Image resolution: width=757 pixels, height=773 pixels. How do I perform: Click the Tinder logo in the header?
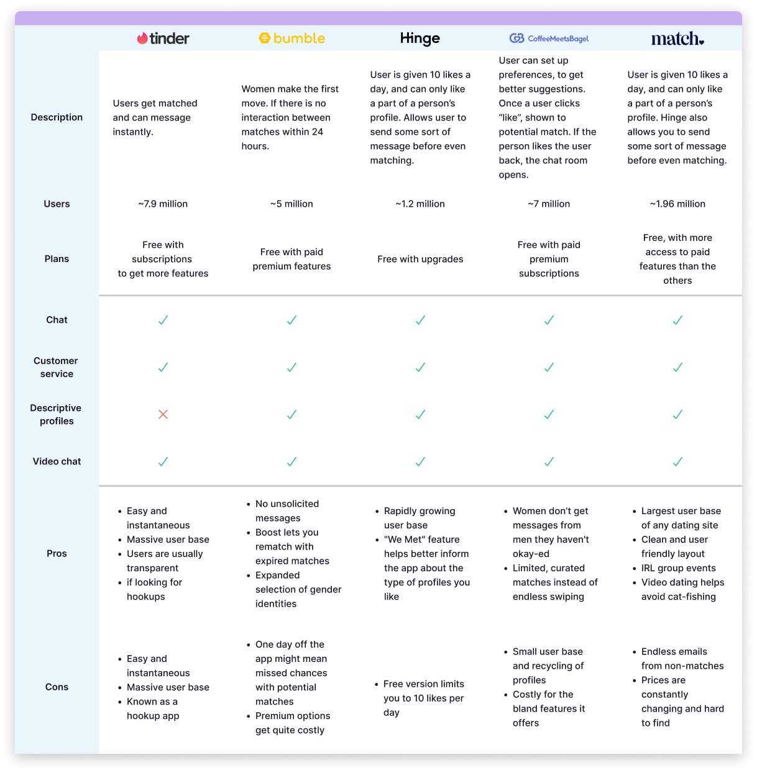pos(163,38)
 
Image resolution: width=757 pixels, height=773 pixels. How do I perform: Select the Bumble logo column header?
pos(292,38)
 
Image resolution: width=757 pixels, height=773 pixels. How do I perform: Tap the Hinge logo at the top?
pos(420,38)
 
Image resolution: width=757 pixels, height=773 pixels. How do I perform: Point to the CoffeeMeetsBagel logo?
pos(549,38)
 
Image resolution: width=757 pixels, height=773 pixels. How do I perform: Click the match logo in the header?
pos(677,38)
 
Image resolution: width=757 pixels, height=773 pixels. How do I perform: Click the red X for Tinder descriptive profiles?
pos(163,414)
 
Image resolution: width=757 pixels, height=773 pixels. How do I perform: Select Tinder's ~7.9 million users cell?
pos(163,204)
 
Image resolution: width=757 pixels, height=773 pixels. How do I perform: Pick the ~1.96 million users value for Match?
pos(677,204)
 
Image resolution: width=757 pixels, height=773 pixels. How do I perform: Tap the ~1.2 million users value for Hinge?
pos(420,204)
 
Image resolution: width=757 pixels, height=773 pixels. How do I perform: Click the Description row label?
pos(57,117)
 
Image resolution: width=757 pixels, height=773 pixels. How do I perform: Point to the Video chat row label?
pos(57,461)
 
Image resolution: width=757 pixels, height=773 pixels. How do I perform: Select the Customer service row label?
pos(57,367)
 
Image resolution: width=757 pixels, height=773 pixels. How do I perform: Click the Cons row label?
pos(57,687)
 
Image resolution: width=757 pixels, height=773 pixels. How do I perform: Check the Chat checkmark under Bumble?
pos(292,320)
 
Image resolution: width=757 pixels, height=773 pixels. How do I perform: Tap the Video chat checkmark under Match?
pos(677,461)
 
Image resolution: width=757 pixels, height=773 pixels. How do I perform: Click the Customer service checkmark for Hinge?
pos(420,367)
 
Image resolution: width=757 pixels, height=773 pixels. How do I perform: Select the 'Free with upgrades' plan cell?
pos(420,259)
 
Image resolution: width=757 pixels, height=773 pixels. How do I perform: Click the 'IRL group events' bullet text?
pos(678,568)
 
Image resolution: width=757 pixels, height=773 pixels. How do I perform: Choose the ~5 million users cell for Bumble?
pos(292,204)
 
